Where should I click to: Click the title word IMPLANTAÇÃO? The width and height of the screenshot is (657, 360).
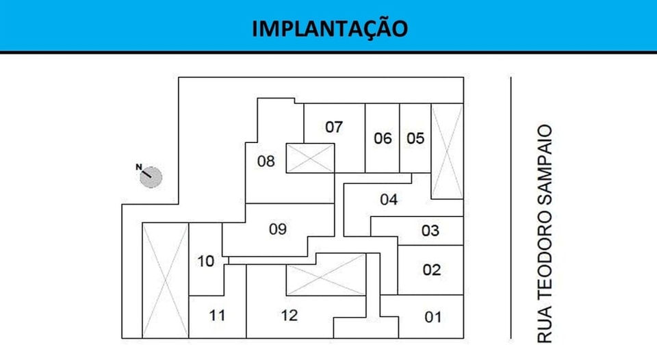coord(329,29)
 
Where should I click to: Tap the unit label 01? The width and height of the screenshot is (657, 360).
coord(433,317)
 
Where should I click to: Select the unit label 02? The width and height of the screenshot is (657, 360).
coord(431,270)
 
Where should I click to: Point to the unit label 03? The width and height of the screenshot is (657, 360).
coord(430,231)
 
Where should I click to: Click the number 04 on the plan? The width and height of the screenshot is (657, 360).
coord(389,200)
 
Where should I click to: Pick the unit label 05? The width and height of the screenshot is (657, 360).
coord(415,138)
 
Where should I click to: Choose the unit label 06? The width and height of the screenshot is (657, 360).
coord(383,138)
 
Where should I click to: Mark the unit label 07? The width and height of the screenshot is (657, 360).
coord(334,127)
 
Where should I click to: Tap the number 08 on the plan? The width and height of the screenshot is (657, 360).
coord(266,162)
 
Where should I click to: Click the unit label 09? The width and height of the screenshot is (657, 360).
coord(277,229)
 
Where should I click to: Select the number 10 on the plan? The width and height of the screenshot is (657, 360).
coord(205,261)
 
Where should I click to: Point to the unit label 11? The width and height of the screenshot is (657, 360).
coord(217,316)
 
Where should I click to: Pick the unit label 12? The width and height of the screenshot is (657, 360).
coord(289,316)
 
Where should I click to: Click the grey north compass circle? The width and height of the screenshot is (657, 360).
coord(152,178)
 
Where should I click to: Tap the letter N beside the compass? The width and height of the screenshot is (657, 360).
coord(138,166)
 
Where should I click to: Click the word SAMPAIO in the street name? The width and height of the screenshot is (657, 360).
coord(545,164)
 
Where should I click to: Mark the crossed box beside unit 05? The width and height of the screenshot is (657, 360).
coord(447,151)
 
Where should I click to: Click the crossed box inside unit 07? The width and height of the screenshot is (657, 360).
coord(310,158)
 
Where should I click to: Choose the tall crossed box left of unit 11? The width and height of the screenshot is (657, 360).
coord(164,280)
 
